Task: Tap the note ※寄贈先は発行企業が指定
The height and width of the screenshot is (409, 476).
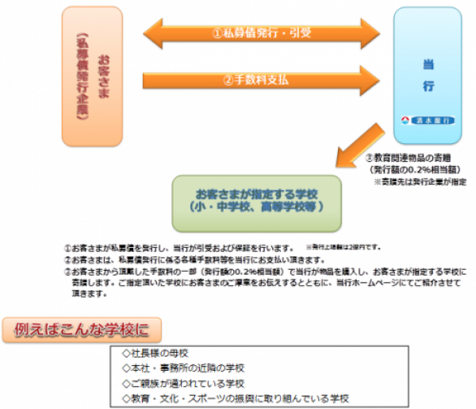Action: click(420, 181)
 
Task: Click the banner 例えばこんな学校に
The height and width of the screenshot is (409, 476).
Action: click(82, 327)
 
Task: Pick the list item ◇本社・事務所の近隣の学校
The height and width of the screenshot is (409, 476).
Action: click(183, 368)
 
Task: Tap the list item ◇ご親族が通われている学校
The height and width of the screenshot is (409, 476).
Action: click(183, 383)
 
